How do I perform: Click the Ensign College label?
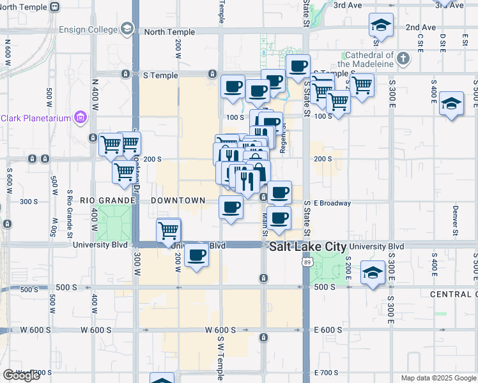click(89, 29)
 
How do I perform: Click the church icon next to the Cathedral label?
click(403, 59)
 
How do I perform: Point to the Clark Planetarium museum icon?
click(80, 117)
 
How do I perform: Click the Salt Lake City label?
click(307, 247)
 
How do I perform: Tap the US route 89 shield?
click(307, 262)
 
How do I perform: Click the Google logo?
click(21, 375)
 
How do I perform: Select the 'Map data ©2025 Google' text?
click(438, 378)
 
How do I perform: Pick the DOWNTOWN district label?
click(178, 200)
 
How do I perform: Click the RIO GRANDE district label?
click(107, 200)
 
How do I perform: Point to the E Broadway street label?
click(332, 204)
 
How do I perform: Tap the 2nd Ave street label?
click(420, 27)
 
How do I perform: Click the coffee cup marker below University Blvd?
click(197, 256)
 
